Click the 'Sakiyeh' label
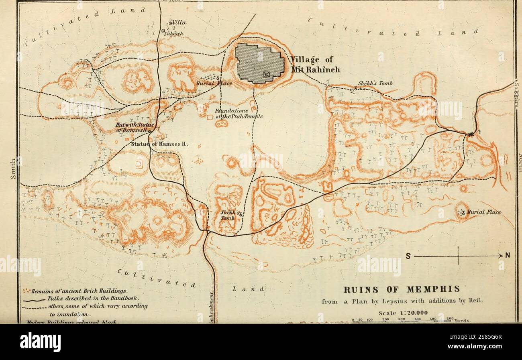[175, 34]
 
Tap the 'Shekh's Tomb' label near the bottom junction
[229, 215]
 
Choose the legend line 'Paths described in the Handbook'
[92, 298]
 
